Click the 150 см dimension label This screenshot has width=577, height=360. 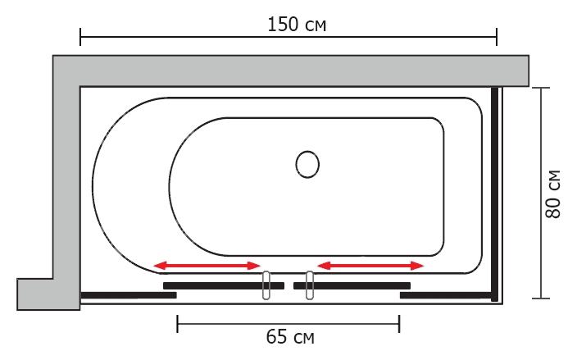297,25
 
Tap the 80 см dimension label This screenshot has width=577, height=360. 553,194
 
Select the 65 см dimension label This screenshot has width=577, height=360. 290,336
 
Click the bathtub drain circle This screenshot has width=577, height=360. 307,164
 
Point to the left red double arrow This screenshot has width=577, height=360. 207,266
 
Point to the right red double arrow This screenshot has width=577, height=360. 370,266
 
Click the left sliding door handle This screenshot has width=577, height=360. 266,285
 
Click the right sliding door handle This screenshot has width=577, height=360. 310,285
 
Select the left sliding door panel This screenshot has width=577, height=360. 224,285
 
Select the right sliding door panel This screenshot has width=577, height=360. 352,285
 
